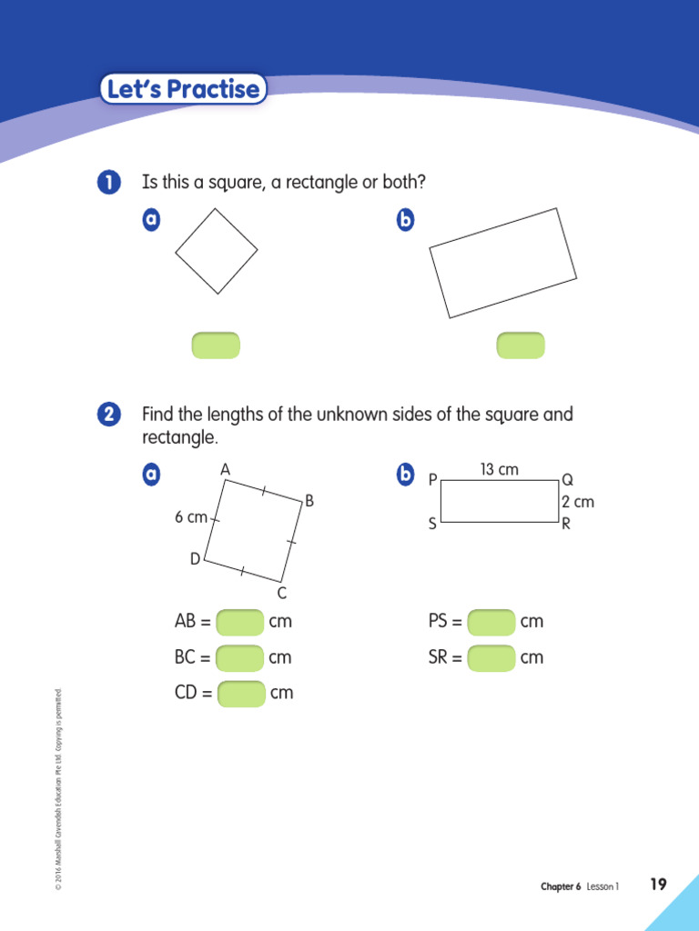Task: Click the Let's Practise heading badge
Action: point(183,89)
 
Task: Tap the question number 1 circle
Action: point(107,183)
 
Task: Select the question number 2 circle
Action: point(107,415)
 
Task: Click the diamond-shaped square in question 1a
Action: point(217,251)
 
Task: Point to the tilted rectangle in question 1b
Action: point(503,263)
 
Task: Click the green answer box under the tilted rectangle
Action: point(521,345)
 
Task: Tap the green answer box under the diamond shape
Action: point(216,345)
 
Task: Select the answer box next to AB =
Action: point(240,623)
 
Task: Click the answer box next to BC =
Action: point(240,657)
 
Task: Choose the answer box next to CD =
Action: point(241,693)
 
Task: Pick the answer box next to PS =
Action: point(491,622)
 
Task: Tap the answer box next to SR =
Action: point(491,657)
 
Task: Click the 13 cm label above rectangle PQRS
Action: point(499,469)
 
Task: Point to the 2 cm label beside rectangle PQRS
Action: point(577,502)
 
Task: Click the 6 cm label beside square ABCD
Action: point(191,517)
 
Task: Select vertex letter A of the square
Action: point(225,469)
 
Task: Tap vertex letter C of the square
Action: point(282,594)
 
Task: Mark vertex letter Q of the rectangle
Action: point(568,479)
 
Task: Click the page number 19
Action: point(658,885)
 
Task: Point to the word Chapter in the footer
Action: point(557,886)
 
